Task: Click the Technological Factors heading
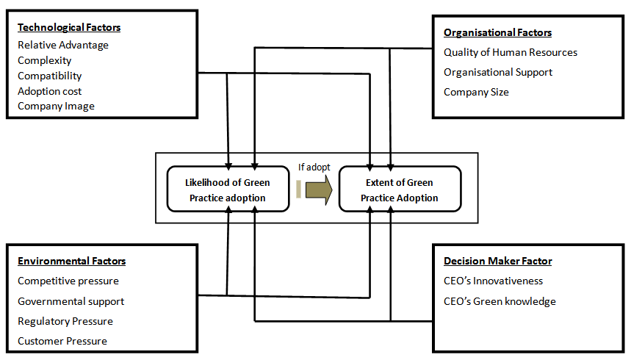pos(69,27)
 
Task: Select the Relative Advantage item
pos(63,46)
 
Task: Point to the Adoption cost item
pos(50,91)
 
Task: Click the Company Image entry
pos(57,107)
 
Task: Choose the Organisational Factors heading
pos(497,32)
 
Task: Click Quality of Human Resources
pos(511,52)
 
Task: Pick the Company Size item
pos(476,92)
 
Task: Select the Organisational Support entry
pos(498,72)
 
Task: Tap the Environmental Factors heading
pos(72,261)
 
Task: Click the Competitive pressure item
pos(68,281)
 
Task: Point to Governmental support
pos(71,301)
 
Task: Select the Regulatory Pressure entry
pos(65,321)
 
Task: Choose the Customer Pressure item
pos(62,341)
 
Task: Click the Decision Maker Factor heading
pos(498,261)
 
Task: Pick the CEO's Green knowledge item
pos(500,301)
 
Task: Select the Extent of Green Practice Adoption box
pos(400,190)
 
